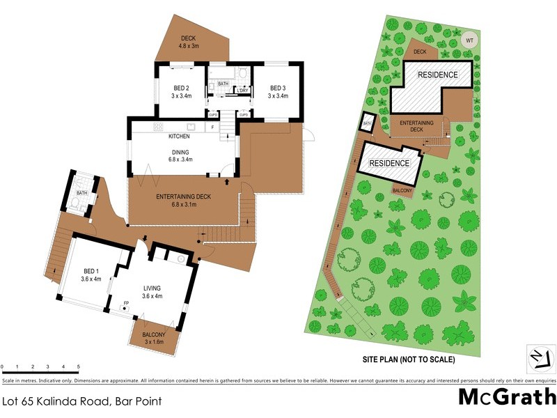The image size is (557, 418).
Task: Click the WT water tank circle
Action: tap(469, 40)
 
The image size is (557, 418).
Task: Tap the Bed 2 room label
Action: tap(181, 91)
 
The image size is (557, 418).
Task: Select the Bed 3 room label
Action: tap(278, 91)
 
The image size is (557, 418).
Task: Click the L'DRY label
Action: tap(242, 91)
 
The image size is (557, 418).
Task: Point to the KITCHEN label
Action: tap(179, 136)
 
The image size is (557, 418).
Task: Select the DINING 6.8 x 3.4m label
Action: tap(180, 156)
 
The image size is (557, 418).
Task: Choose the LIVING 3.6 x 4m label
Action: tap(152, 291)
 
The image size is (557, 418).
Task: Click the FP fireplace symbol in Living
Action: tap(126, 304)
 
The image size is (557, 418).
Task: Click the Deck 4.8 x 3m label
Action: tap(189, 42)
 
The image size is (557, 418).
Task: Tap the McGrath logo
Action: tap(507, 396)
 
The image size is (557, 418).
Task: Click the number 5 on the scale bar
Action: tap(79, 366)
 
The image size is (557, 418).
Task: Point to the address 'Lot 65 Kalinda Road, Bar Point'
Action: tap(82, 401)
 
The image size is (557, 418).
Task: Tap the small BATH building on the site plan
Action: tap(367, 124)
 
